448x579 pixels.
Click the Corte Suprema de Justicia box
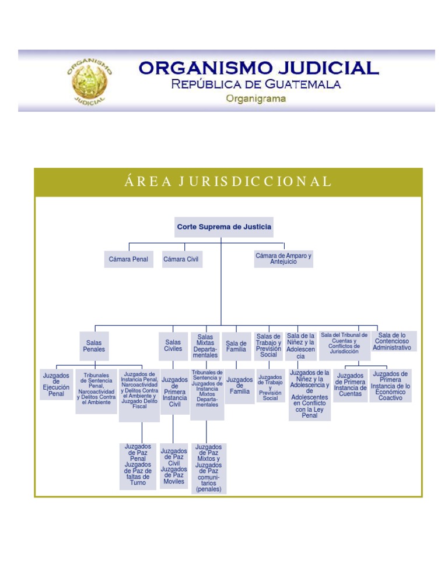[224, 227]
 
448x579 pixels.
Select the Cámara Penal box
[128, 259]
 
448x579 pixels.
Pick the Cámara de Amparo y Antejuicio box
[283, 259]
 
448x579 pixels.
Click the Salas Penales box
[94, 346]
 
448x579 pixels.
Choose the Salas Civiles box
[173, 346]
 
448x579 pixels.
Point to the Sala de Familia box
[236, 346]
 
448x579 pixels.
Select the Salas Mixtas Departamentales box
[205, 346]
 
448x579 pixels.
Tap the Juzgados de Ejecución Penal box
[56, 385]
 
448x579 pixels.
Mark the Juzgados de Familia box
[239, 386]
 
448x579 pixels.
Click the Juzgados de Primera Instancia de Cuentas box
[351, 385]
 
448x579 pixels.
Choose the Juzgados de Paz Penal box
[138, 465]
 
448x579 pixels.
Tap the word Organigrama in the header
[256, 98]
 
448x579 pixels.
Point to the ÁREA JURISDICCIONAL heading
[228, 181]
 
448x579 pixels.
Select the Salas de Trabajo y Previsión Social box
[269, 345]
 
